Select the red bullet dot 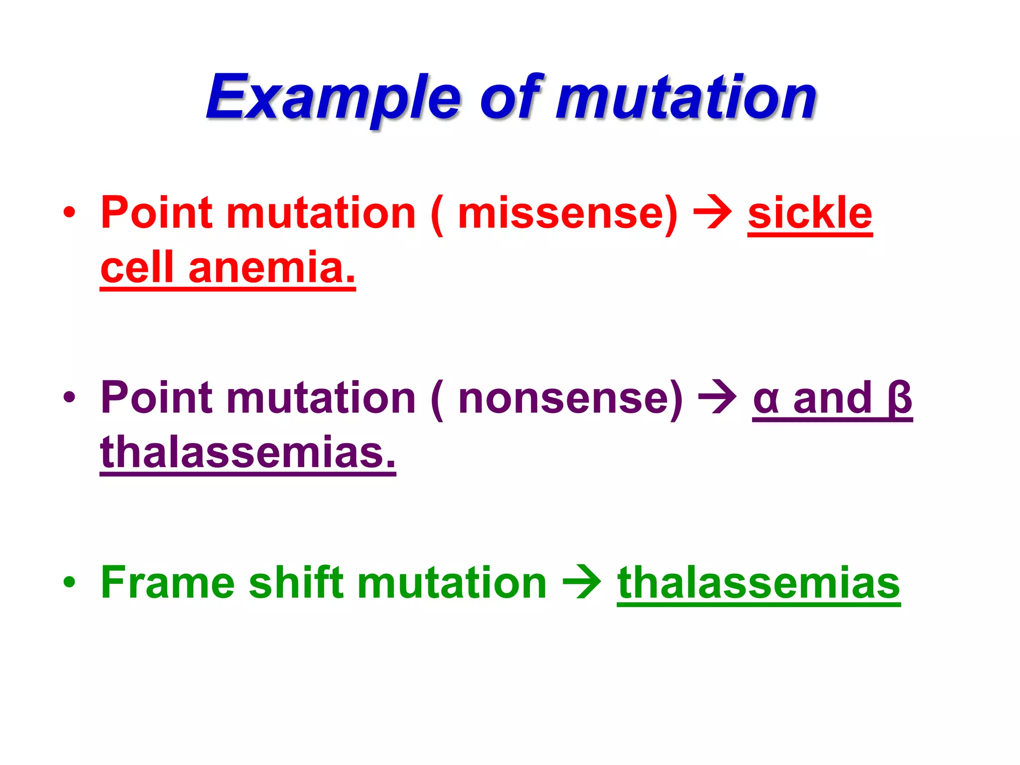(69, 213)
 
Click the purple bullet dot (69, 398)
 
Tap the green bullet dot (69, 582)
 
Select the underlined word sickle (810, 213)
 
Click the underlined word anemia (272, 268)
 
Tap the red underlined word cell (137, 268)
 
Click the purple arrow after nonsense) (718, 398)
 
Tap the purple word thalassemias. (248, 452)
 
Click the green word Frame (167, 582)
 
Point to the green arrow (582, 582)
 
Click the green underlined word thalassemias (759, 582)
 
